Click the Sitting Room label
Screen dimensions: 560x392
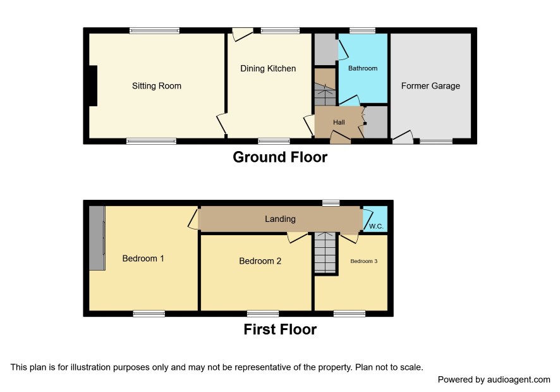click(x=156, y=86)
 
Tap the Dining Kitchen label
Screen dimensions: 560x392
click(x=268, y=68)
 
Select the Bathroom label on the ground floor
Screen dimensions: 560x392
click(x=363, y=68)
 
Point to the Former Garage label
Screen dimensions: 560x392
click(x=430, y=86)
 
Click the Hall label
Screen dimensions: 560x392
click(x=339, y=122)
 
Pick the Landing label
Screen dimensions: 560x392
click(x=280, y=219)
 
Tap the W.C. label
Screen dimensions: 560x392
click(x=376, y=226)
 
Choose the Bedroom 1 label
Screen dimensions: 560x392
click(x=143, y=259)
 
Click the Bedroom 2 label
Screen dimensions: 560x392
click(x=260, y=261)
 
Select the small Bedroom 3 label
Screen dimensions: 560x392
click(x=363, y=261)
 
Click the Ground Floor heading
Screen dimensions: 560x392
click(x=280, y=157)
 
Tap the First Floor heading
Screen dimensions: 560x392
click(x=280, y=329)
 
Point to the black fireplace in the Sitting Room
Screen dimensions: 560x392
click(x=93, y=86)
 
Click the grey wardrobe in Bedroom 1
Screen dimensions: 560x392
click(x=97, y=238)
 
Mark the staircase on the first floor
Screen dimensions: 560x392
click(x=325, y=253)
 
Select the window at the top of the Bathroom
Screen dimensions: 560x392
click(x=362, y=31)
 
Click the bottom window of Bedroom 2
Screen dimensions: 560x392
click(x=263, y=314)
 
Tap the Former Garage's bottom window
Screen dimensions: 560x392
click(x=435, y=142)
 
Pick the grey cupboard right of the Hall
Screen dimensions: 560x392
click(x=375, y=122)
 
